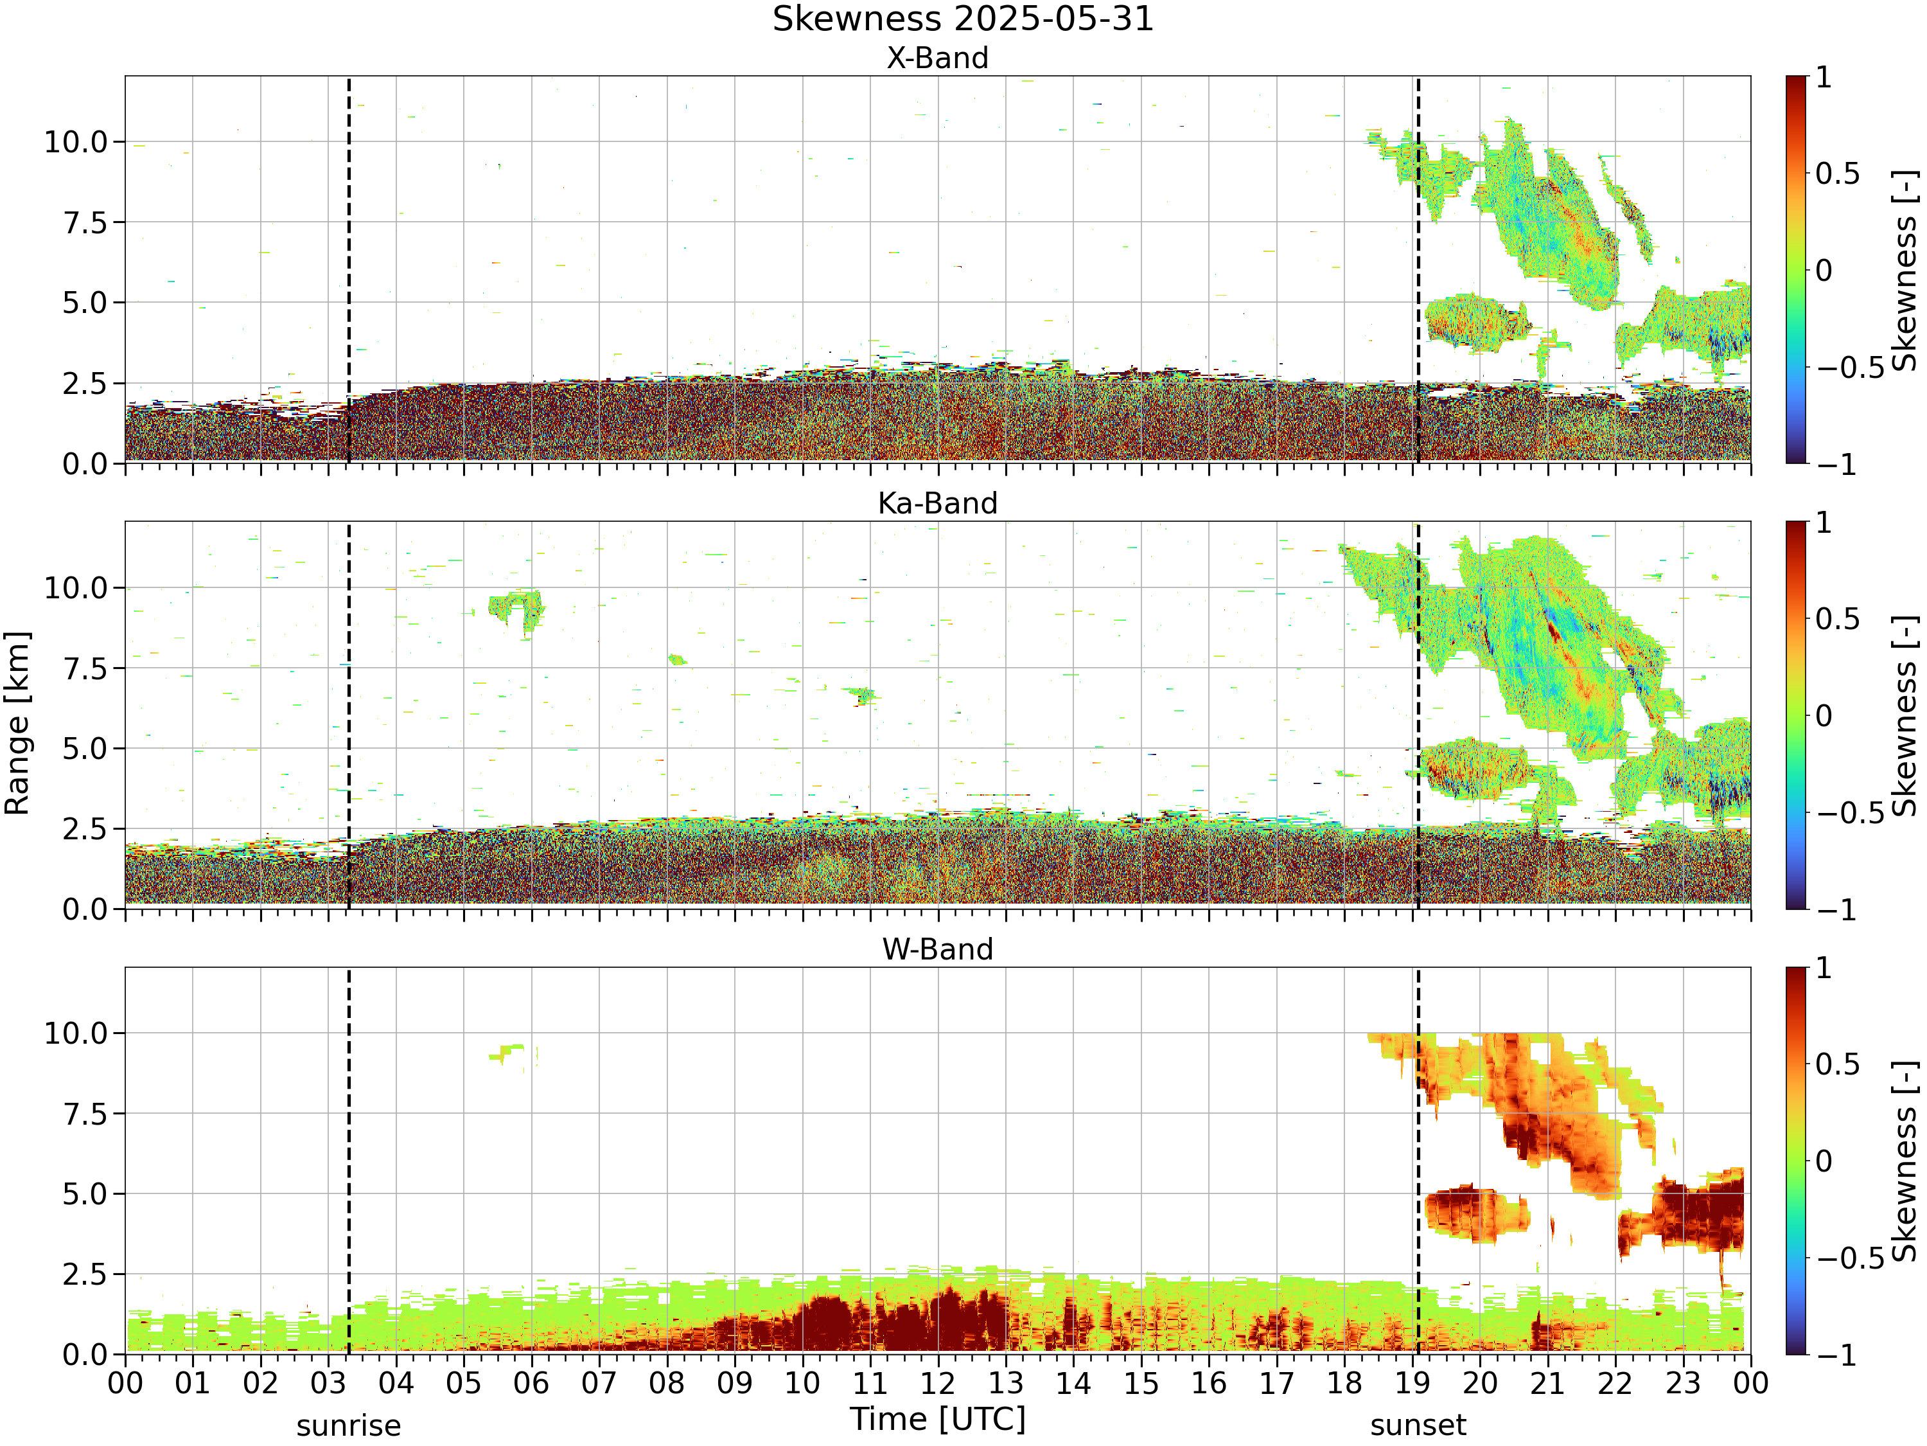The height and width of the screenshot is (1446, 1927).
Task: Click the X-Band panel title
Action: coord(937,58)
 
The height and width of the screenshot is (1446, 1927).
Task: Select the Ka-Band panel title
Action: coord(937,503)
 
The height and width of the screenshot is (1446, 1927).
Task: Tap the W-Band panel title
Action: coord(937,949)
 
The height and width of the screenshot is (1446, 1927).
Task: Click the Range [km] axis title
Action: coord(17,724)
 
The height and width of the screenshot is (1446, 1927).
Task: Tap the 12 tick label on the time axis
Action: coord(938,1383)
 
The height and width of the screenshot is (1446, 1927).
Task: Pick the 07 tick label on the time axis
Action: coord(599,1383)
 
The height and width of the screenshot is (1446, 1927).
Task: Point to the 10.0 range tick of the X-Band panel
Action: coord(76,142)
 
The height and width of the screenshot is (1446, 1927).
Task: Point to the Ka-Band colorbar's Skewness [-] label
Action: coord(1905,715)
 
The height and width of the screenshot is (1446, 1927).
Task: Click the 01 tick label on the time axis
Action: coord(193,1383)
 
